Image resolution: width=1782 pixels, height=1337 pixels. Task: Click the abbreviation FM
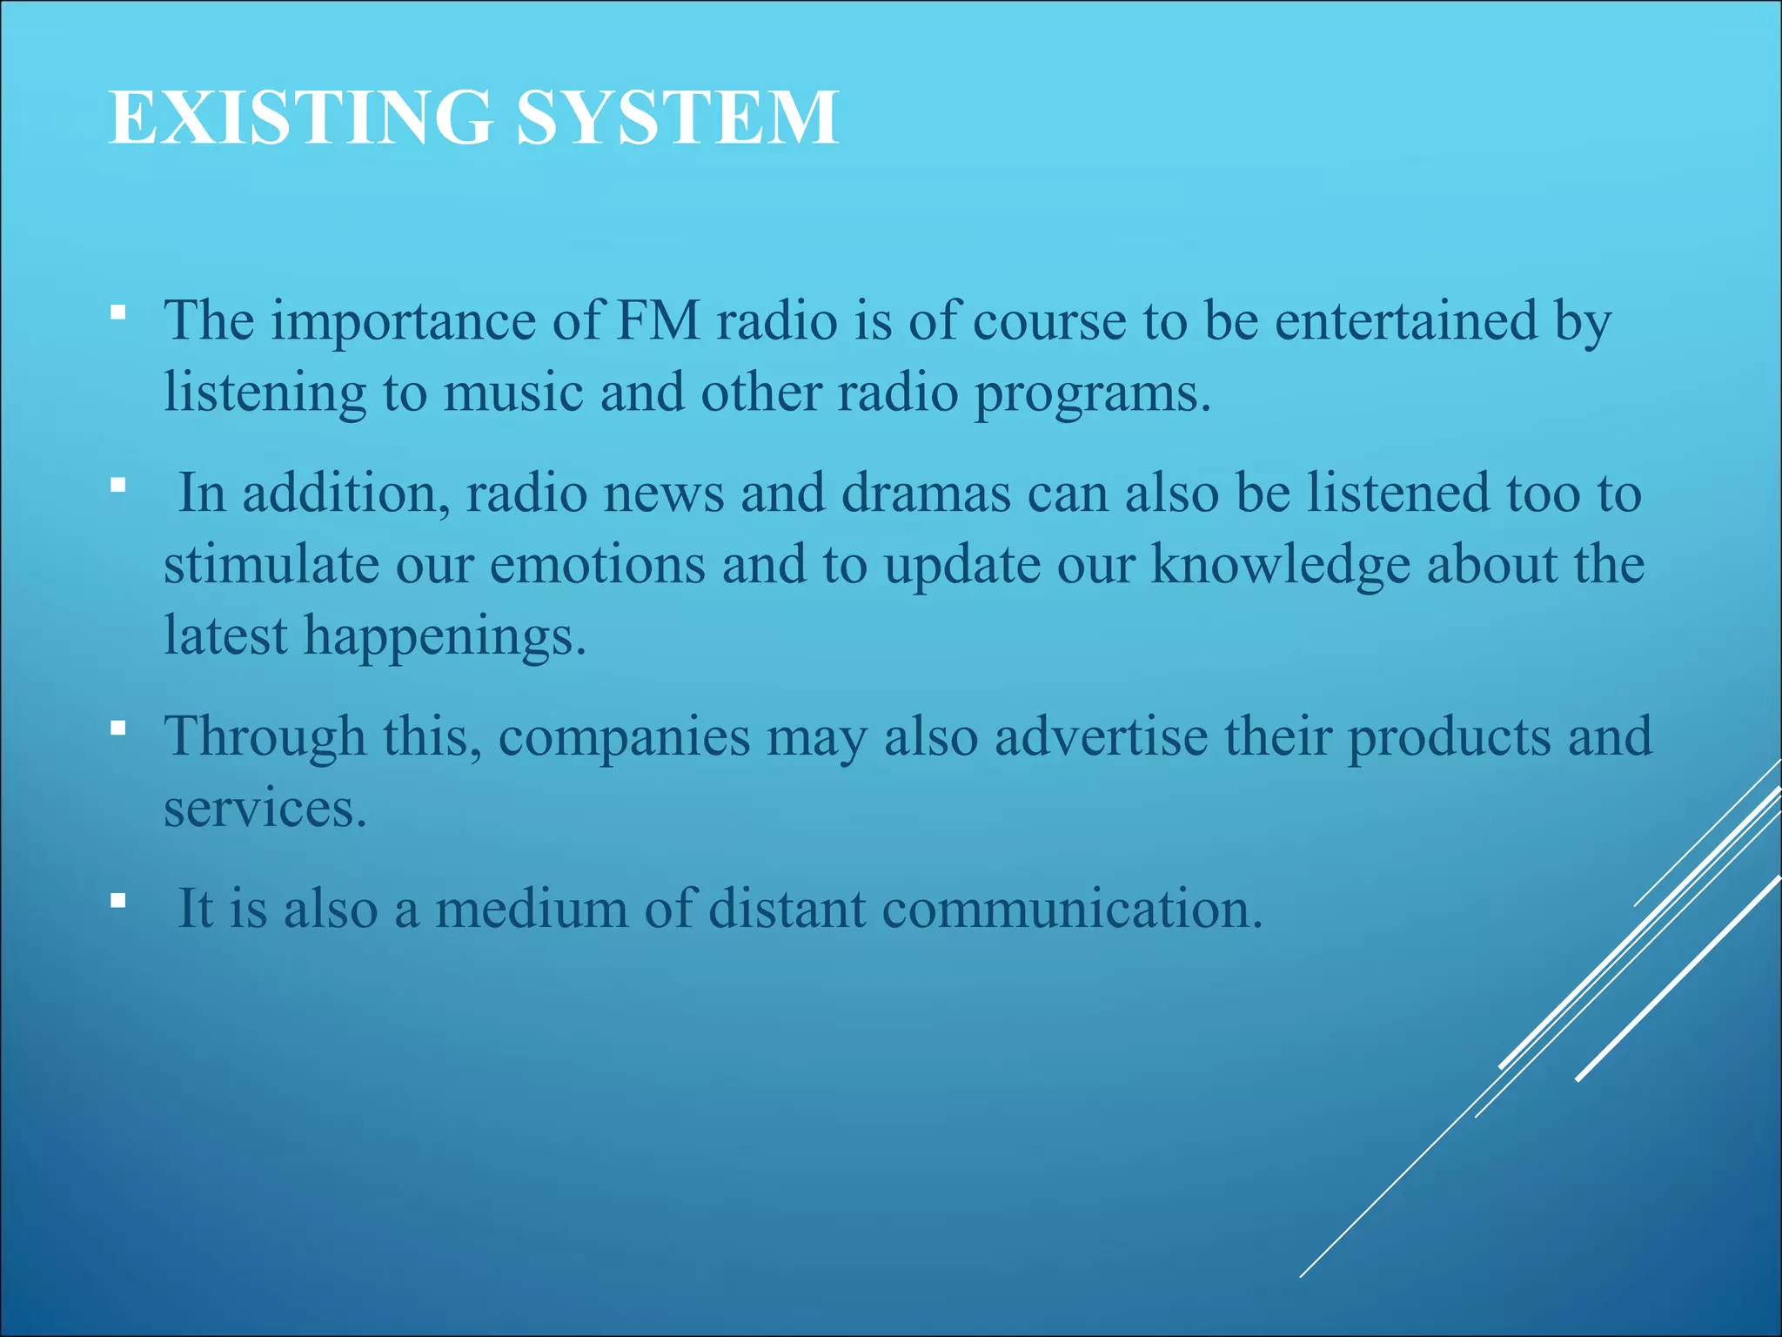click(x=659, y=320)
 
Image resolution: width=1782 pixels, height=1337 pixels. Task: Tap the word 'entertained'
click(x=1406, y=320)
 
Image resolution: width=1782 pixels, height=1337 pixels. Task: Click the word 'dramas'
click(x=926, y=494)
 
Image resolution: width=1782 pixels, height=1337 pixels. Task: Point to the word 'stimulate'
click(x=271, y=565)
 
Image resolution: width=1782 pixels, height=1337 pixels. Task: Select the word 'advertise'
click(x=1101, y=737)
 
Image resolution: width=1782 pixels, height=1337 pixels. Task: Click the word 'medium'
click(x=531, y=910)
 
